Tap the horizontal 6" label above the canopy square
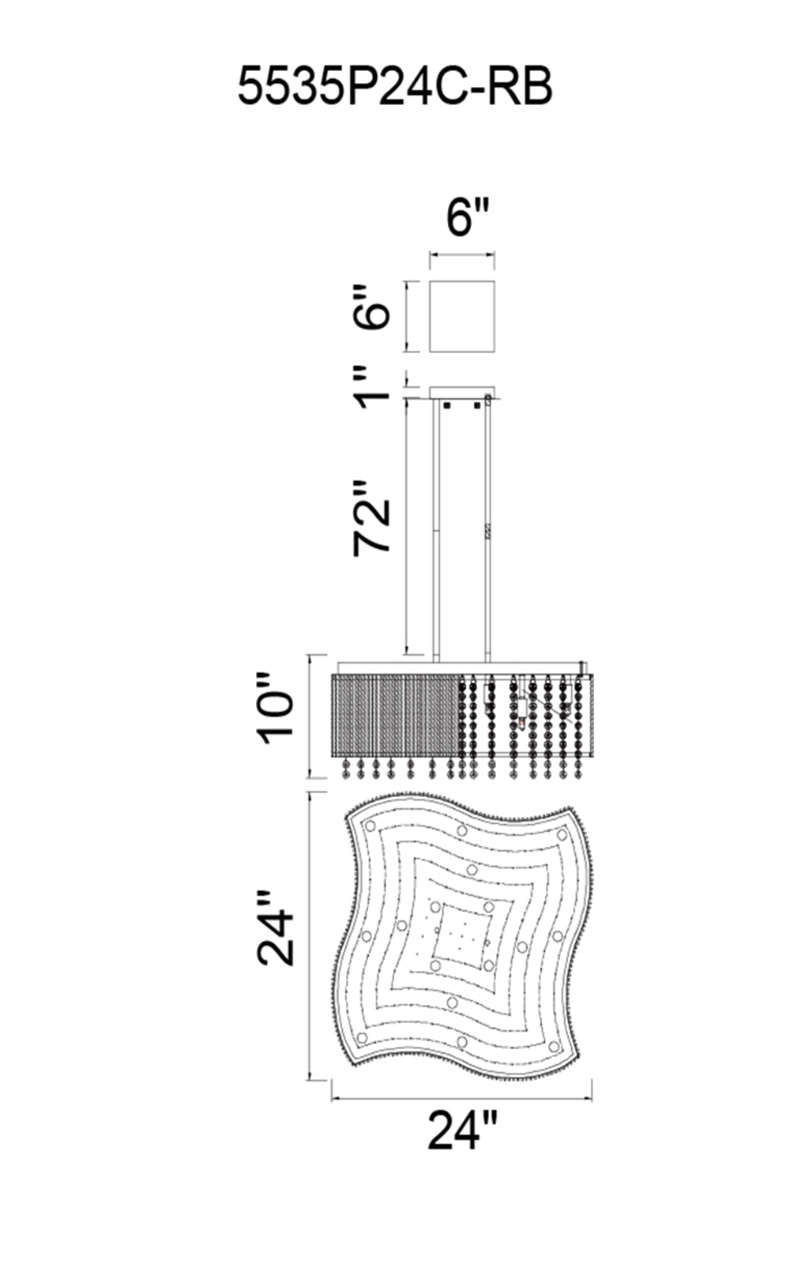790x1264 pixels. point(466,218)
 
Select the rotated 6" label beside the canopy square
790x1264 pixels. point(372,307)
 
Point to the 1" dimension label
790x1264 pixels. point(372,387)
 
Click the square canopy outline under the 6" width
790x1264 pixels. point(462,317)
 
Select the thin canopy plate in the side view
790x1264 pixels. point(462,393)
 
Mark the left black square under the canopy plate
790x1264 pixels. point(446,405)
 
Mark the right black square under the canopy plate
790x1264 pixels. point(477,405)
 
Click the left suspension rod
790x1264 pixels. point(435,530)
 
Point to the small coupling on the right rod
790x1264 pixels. point(487,532)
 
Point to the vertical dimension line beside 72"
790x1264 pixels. point(406,527)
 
